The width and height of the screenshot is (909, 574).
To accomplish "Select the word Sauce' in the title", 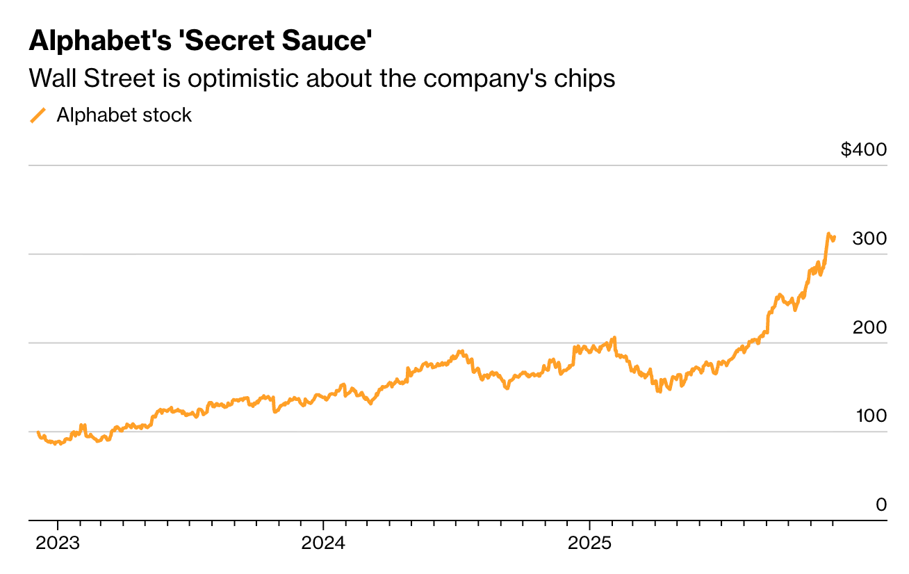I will click(x=329, y=42).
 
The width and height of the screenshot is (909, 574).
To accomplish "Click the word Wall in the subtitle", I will click(x=51, y=79).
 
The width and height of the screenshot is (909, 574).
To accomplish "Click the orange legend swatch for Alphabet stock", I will click(x=38, y=115).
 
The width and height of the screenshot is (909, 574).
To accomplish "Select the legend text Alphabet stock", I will click(x=124, y=115).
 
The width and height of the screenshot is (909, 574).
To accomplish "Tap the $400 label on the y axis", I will click(x=863, y=149).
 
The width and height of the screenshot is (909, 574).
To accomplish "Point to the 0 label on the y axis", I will click(x=881, y=505).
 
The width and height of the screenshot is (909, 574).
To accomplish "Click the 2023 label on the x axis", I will click(x=58, y=542).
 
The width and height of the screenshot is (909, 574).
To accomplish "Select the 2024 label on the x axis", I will click(x=323, y=542).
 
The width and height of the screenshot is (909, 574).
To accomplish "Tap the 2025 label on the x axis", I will click(x=589, y=542).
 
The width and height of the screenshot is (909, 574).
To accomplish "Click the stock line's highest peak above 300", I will click(x=828, y=233).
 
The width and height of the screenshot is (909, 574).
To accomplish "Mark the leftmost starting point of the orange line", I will click(x=38, y=432).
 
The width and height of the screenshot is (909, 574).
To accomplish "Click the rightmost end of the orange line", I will click(x=835, y=237).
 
